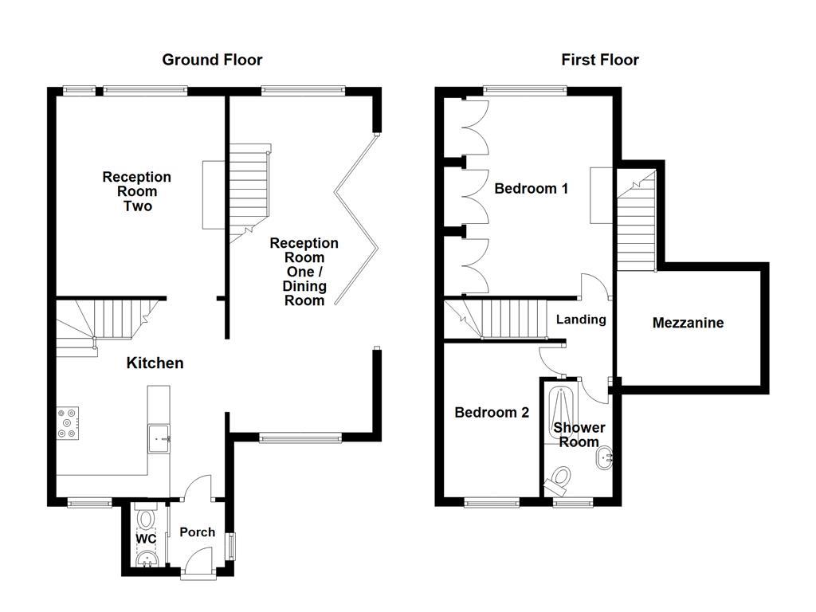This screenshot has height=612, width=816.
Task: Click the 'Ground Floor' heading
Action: pyautogui.click(x=212, y=60)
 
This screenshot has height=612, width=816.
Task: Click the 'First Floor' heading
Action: pyautogui.click(x=599, y=60)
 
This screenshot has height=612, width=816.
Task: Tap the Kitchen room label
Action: pyautogui.click(x=155, y=363)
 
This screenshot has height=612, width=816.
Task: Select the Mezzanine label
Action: pyautogui.click(x=688, y=323)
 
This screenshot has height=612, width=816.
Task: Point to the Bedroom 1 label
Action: pyautogui.click(x=531, y=189)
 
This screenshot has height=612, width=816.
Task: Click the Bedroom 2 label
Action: pyautogui.click(x=492, y=413)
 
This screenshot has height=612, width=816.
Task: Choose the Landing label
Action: pyautogui.click(x=581, y=320)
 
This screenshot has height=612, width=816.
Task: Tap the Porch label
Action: pyautogui.click(x=197, y=532)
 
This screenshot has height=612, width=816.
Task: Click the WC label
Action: pyautogui.click(x=145, y=539)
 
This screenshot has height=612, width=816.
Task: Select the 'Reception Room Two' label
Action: pyautogui.click(x=136, y=191)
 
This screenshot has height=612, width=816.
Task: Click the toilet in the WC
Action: pyautogui.click(x=146, y=519)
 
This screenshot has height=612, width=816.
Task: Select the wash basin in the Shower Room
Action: pyautogui.click(x=605, y=457)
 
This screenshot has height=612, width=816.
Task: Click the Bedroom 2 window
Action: pyautogui.click(x=491, y=503)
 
